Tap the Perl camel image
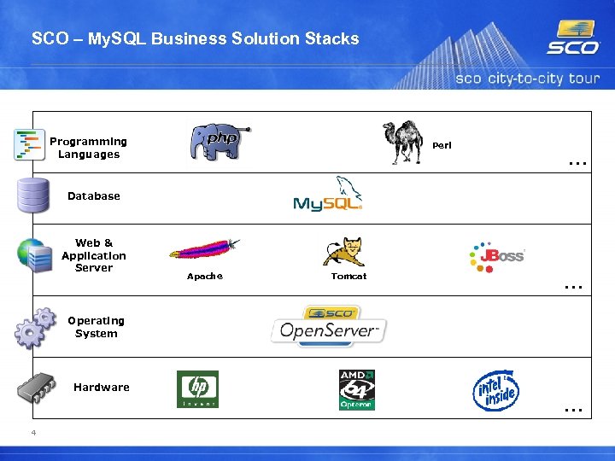403,142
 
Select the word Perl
442,145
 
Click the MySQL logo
328,196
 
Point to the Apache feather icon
204,249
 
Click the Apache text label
204,276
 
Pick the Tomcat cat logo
343,252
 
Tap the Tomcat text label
348,276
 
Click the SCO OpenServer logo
329,325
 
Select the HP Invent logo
197,389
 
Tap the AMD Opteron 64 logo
356,389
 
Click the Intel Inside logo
496,390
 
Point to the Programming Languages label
88,148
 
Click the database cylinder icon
32,195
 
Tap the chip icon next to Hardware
36,388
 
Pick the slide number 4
33,433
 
